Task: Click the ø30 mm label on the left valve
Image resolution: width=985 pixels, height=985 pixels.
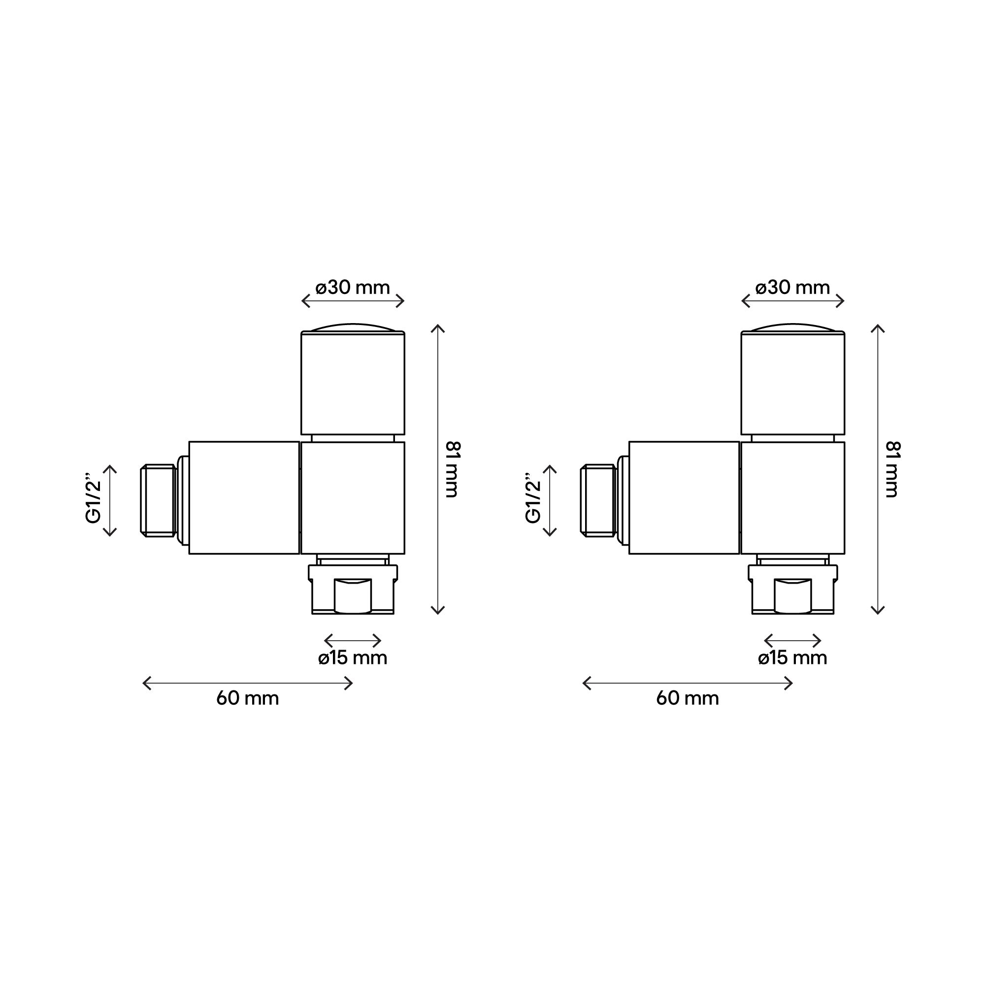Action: pyautogui.click(x=353, y=288)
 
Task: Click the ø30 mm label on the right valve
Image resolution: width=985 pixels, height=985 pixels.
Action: pyautogui.click(x=793, y=288)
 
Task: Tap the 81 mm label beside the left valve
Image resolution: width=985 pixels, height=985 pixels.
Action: pyautogui.click(x=453, y=469)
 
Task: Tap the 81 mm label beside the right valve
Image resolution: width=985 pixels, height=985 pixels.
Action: pyautogui.click(x=893, y=469)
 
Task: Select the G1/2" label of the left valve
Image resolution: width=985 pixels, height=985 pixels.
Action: pyautogui.click(x=95, y=501)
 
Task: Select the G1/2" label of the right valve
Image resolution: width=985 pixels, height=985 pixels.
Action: pyautogui.click(x=534, y=501)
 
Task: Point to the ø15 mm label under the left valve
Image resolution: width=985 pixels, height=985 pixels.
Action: pyautogui.click(x=353, y=658)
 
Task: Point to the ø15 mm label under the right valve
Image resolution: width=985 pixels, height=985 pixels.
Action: pyautogui.click(x=793, y=658)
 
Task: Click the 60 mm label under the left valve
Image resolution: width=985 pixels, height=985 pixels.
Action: pyautogui.click(x=248, y=698)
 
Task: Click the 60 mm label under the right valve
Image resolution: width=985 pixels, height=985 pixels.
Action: pyautogui.click(x=688, y=698)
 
